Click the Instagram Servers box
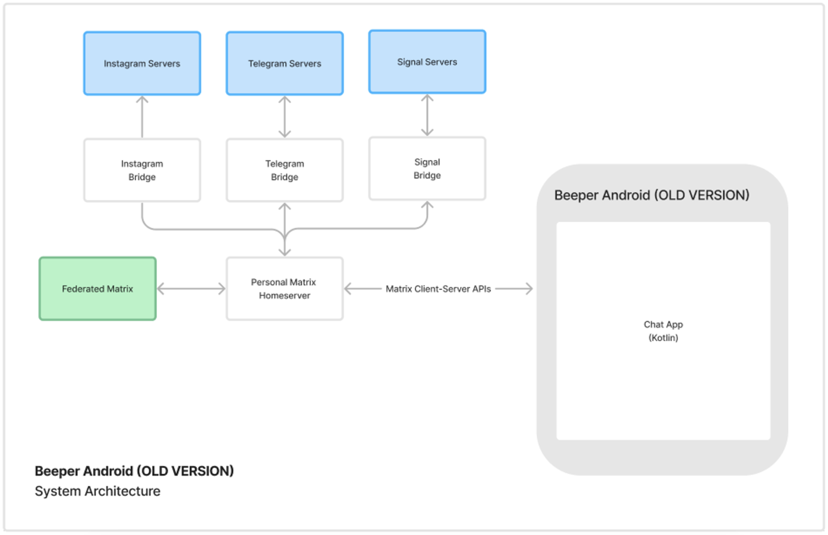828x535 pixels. [142, 63]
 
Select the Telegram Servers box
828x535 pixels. [284, 63]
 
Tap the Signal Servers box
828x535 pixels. [427, 62]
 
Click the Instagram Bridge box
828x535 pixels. [142, 170]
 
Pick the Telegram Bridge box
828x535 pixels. [284, 170]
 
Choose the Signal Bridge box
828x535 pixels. [427, 168]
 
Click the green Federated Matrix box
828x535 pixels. [97, 289]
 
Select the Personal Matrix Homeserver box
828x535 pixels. [284, 289]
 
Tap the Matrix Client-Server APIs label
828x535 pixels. [438, 289]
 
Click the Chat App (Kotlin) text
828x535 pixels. [663, 331]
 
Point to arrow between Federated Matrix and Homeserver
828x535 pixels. [191, 289]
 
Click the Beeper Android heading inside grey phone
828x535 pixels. [651, 195]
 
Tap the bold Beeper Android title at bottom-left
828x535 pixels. [134, 471]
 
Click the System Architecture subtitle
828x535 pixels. [97, 491]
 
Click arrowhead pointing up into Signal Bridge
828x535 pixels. [427, 205]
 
